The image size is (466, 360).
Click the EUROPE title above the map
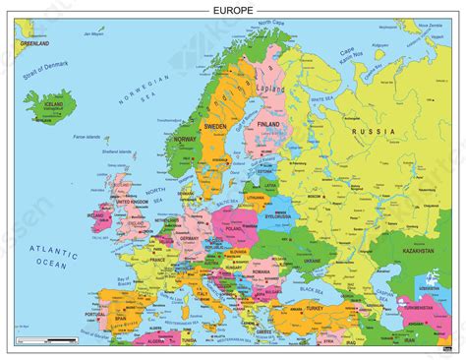(233, 9)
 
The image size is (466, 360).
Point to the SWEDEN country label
(217, 128)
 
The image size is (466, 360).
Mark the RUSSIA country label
(378, 132)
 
